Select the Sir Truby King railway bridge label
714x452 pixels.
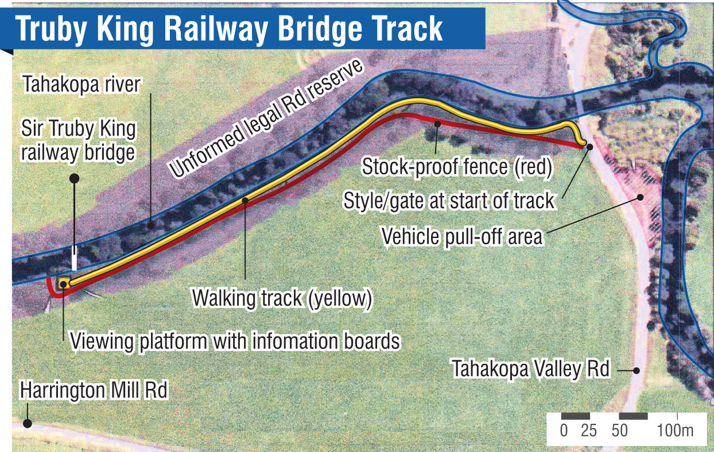click(79, 141)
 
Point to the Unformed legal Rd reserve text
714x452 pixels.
click(265, 119)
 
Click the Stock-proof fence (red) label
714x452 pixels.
click(456, 167)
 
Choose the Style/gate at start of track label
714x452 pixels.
click(449, 201)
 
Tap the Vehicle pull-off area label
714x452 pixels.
click(462, 236)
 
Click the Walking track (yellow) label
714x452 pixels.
click(282, 298)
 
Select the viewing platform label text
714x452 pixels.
click(234, 341)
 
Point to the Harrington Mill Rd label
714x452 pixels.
click(94, 391)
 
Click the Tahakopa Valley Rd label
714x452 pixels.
click(530, 369)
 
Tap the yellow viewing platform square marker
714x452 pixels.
click(64, 283)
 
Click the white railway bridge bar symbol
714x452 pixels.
click(74, 259)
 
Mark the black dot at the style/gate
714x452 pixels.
click(589, 147)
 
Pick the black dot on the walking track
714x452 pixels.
click(245, 200)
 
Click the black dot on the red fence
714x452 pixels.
click(437, 123)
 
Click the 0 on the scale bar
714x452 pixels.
click(564, 431)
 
